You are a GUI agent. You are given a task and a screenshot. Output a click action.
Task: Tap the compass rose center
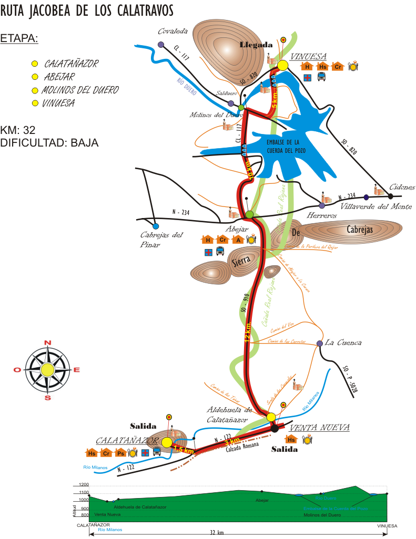tap(47, 370)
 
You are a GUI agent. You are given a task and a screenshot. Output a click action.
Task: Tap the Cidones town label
tap(402, 187)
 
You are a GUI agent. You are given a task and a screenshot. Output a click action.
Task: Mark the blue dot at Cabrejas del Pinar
tap(156, 226)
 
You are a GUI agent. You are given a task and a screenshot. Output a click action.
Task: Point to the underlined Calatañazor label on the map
tap(127, 440)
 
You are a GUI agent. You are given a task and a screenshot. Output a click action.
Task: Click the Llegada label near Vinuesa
tap(256, 45)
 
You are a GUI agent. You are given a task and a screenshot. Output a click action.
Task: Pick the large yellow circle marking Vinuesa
tap(282, 65)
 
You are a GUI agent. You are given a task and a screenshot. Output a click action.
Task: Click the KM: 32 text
tap(18, 130)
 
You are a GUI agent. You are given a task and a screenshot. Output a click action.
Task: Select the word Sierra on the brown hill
tap(240, 262)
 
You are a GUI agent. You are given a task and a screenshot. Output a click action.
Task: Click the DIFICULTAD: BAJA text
tap(49, 142)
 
